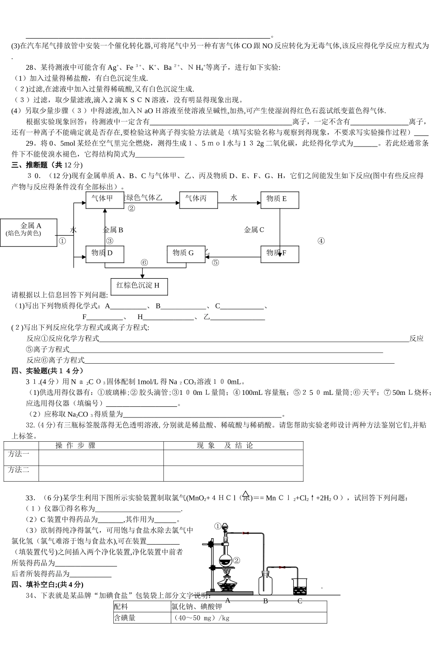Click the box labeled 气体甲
click(105, 200)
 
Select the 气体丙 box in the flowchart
click(199, 200)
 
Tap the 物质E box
click(279, 200)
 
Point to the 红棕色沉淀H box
click(139, 286)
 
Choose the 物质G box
click(185, 254)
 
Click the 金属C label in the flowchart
click(254, 230)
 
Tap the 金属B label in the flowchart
click(112, 230)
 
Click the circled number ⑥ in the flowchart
click(144, 263)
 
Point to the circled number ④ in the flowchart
click(321, 241)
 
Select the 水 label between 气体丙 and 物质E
click(234, 197)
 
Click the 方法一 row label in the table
click(19, 454)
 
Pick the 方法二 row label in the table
click(19, 469)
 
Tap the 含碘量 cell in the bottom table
click(125, 618)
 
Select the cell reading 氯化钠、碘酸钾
click(196, 607)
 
